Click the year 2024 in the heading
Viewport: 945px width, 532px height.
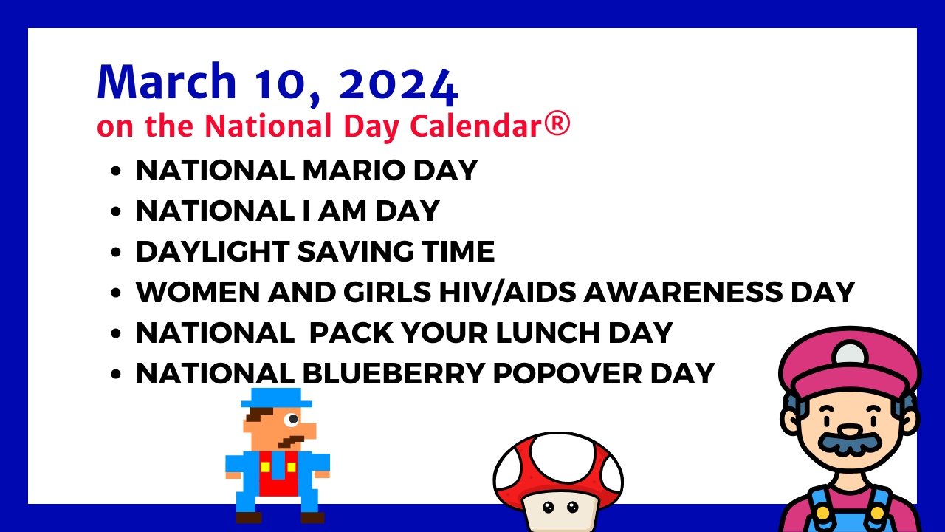point(399,84)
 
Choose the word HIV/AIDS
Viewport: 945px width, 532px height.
point(507,292)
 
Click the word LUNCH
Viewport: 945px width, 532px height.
point(548,333)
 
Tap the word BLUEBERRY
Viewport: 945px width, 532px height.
point(394,374)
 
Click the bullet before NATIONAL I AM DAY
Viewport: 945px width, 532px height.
point(116,211)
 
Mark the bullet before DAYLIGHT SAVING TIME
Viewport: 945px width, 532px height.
point(116,252)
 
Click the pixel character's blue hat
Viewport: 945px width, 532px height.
point(277,398)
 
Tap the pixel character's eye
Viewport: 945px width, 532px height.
point(292,419)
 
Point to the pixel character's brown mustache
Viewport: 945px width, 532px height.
point(291,442)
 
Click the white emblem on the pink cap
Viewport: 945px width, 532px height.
point(850,353)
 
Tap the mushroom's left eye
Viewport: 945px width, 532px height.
point(548,507)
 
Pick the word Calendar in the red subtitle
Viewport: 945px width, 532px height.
point(477,126)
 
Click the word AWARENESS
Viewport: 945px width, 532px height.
point(683,292)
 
